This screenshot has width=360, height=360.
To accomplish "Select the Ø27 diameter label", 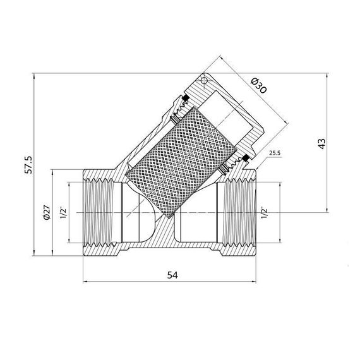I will coord(47,214).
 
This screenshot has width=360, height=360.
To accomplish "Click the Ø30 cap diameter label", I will coord(258,86).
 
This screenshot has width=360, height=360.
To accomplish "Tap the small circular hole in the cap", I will coord(204,81).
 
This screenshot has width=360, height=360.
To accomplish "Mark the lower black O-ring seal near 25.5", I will coord(243,157).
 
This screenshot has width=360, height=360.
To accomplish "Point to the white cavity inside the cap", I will coord(234,114).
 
